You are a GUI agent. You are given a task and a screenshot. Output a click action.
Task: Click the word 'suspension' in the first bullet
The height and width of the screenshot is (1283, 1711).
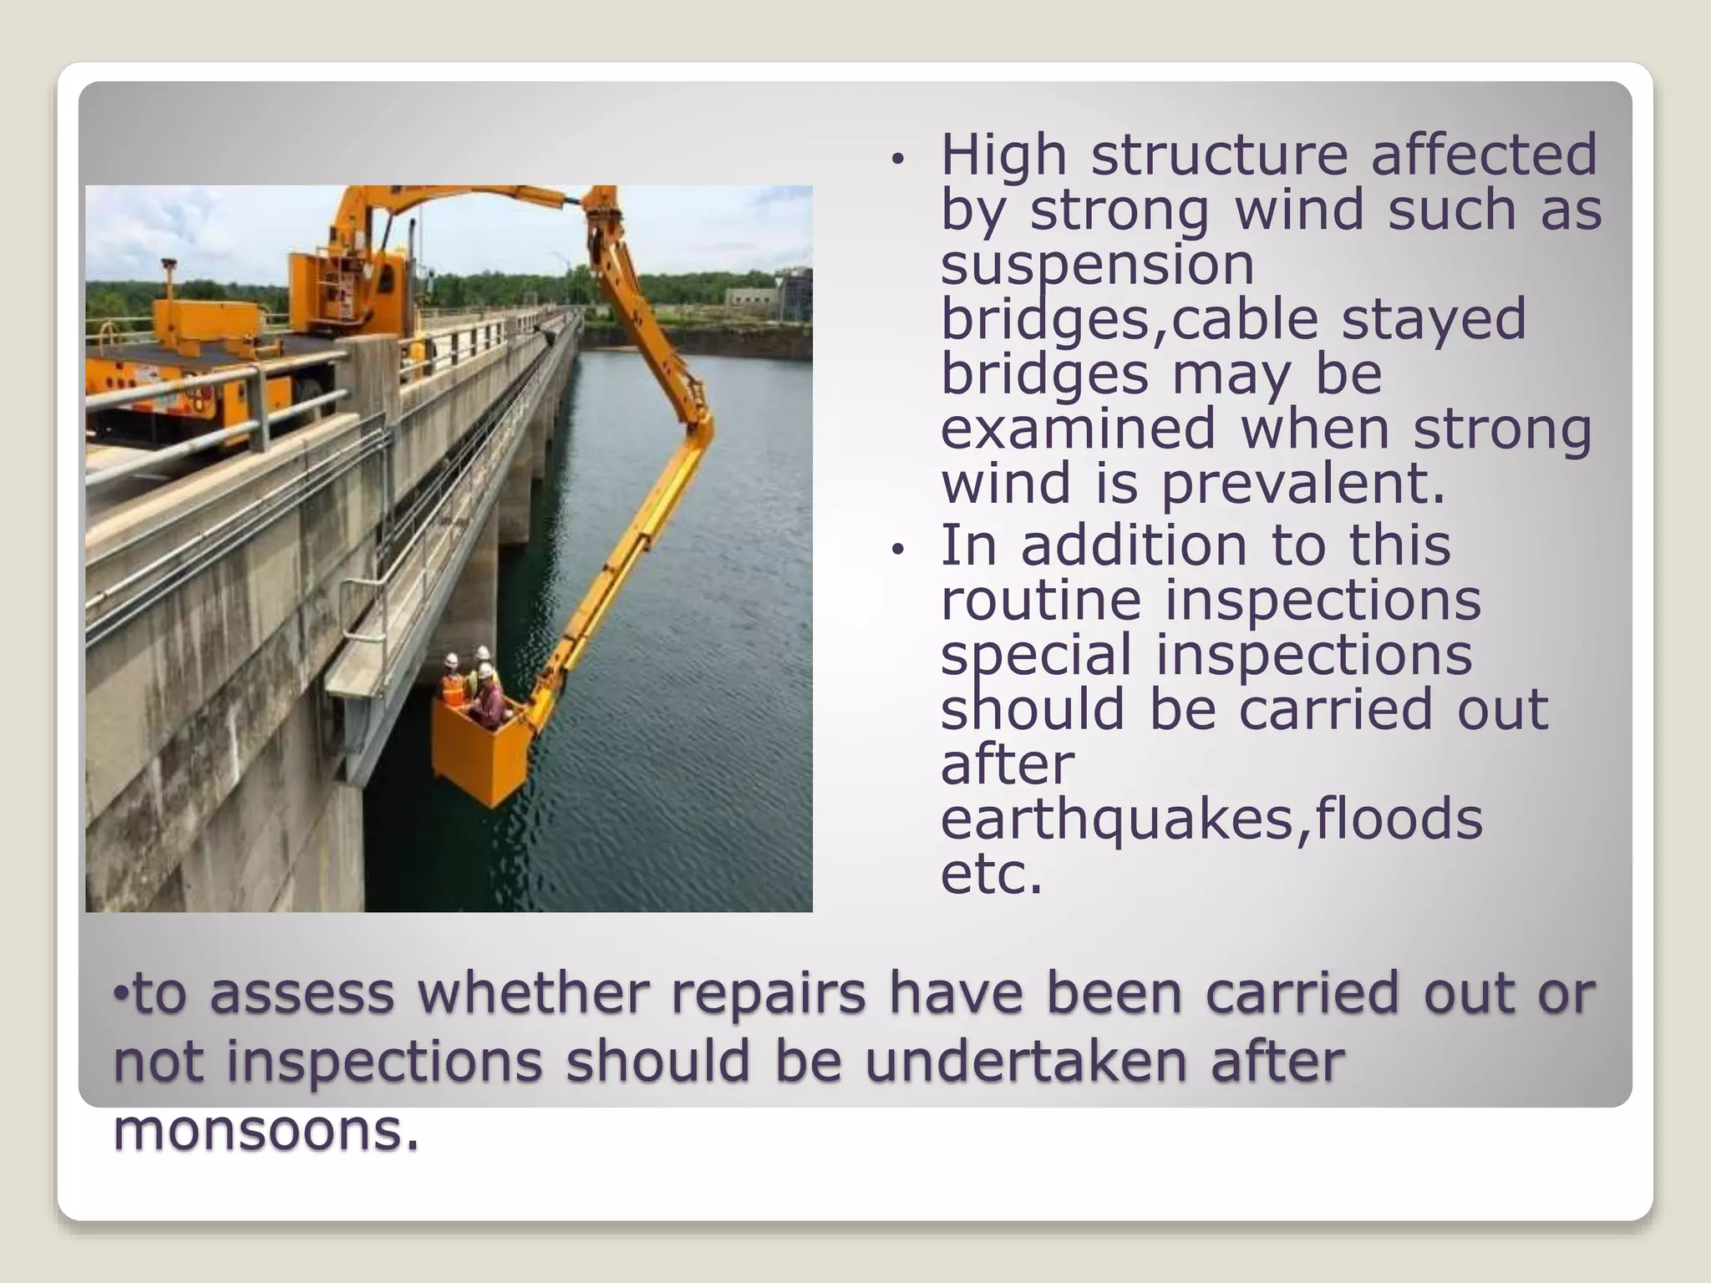[1097, 266]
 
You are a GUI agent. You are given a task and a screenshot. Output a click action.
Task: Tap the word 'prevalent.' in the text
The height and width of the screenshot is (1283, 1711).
[1302, 484]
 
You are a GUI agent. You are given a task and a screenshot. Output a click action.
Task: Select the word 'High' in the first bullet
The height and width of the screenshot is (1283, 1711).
[1003, 155]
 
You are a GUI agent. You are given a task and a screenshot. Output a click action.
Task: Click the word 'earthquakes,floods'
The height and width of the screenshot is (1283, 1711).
[1211, 819]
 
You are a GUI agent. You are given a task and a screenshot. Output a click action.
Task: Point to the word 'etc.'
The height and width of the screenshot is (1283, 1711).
[992, 874]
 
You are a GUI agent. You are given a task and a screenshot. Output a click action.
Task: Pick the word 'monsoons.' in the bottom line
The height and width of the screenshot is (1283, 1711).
[266, 1130]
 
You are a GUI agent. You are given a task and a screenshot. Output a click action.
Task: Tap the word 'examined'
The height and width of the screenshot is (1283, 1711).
[1078, 429]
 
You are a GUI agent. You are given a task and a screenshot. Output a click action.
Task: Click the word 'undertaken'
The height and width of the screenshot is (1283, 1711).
[1026, 1062]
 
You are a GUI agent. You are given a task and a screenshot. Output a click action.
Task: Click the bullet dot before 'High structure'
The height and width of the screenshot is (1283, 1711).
[897, 159]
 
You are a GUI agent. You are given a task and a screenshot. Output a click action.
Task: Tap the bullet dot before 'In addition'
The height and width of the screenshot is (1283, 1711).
[897, 549]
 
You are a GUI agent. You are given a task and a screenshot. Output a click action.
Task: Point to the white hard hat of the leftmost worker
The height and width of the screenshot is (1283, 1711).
[452, 660]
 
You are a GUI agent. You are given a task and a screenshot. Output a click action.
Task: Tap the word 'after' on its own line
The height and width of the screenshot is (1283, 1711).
[1007, 764]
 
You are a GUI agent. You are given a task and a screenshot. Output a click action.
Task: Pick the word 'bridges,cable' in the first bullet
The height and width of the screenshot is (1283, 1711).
[1129, 320]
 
